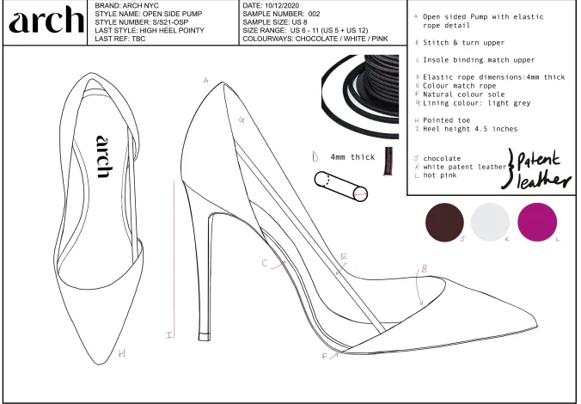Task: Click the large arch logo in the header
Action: tap(46, 20)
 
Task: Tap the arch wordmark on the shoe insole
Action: tap(104, 156)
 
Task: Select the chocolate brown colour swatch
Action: tap(444, 222)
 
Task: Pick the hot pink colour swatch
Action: tap(537, 222)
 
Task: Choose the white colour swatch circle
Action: tap(490, 222)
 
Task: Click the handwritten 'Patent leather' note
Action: tap(538, 169)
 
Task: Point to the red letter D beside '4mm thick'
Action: tap(315, 157)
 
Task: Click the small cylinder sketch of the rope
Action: tap(341, 187)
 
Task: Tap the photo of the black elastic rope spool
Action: tap(360, 96)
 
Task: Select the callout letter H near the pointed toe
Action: tap(122, 353)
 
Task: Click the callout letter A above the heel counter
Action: tap(206, 81)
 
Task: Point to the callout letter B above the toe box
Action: tap(425, 269)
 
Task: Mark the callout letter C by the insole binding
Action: tap(265, 263)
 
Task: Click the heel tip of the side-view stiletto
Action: tap(205, 337)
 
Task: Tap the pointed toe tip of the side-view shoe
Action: tap(536, 325)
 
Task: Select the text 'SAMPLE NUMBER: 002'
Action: tap(281, 14)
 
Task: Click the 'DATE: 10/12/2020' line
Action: tap(271, 5)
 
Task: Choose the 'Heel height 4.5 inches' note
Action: tap(470, 129)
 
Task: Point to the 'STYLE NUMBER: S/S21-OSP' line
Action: tap(142, 22)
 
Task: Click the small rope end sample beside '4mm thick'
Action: tap(388, 161)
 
